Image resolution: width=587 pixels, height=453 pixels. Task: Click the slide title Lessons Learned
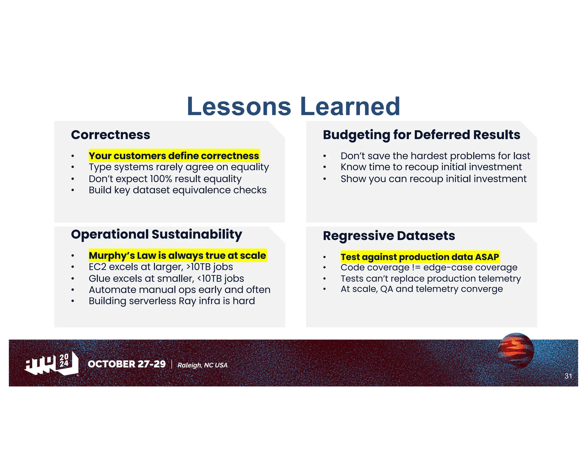point(293,106)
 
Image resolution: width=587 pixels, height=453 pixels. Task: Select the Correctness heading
point(110,135)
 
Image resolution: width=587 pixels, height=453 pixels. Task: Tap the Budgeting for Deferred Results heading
point(421,135)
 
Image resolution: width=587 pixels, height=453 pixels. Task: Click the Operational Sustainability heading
point(156,234)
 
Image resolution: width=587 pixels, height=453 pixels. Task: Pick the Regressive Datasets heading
point(389,236)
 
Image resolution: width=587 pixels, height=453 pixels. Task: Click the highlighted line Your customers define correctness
point(174,156)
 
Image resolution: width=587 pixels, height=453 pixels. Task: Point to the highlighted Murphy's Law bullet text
point(177,255)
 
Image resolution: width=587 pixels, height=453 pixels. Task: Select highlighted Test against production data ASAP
point(420,257)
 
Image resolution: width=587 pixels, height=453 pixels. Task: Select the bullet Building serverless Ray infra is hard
point(172,301)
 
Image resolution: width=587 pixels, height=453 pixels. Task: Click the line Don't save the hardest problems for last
point(435,156)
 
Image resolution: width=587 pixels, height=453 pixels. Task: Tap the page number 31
point(568,376)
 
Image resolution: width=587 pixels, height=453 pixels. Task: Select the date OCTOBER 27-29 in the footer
point(127,364)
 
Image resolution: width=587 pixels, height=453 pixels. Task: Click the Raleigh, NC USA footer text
point(202,365)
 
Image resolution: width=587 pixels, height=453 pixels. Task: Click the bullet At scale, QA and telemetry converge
point(422,289)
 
